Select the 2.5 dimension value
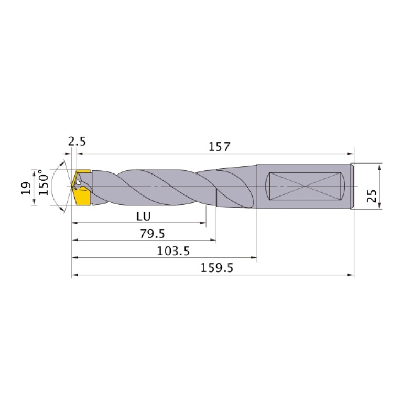point(77,142)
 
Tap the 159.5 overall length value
point(217,268)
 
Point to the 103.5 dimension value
point(173,251)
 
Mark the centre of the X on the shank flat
point(306,186)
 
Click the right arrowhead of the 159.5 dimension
point(352,275)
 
